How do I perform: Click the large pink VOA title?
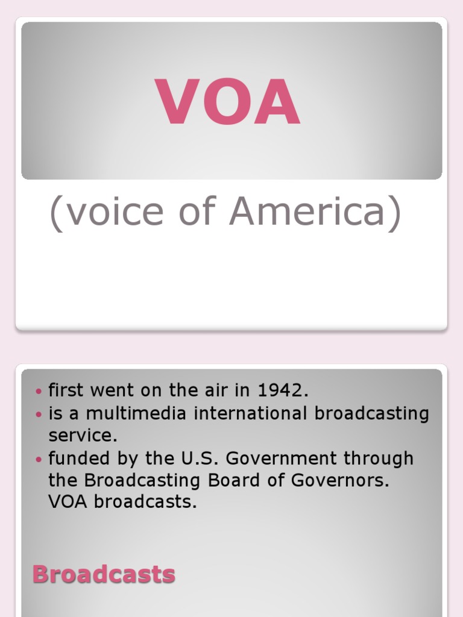click(x=228, y=102)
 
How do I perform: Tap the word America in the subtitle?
click(x=314, y=211)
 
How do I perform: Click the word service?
click(x=83, y=436)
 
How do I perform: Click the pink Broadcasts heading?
click(x=104, y=574)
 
